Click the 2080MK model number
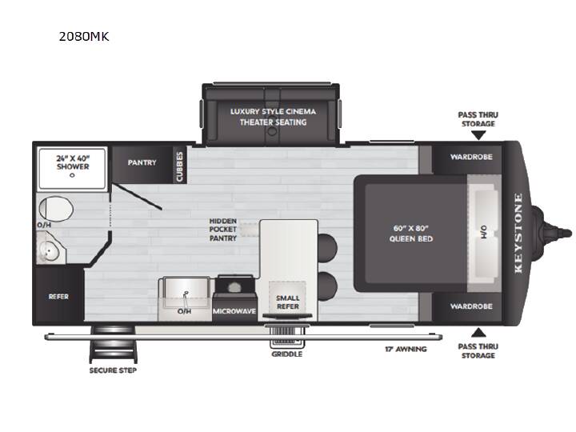coord(84,36)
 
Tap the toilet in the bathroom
coord(55,209)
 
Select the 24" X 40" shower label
coord(73,162)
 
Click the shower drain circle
coord(72,175)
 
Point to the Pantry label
coord(142,162)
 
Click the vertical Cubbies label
coord(180,166)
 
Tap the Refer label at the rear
coord(58,297)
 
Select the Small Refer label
coord(288,302)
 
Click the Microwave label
coord(234,311)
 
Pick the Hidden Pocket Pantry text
coord(223,230)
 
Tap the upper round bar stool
coord(327,247)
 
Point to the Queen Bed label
coord(411,234)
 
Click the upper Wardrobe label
coord(471,157)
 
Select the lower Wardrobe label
coord(471,306)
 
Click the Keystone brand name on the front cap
coord(518,234)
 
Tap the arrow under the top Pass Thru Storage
coord(478,135)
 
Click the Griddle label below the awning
coord(287,354)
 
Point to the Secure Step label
coord(113,370)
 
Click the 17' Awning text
coord(406,349)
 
